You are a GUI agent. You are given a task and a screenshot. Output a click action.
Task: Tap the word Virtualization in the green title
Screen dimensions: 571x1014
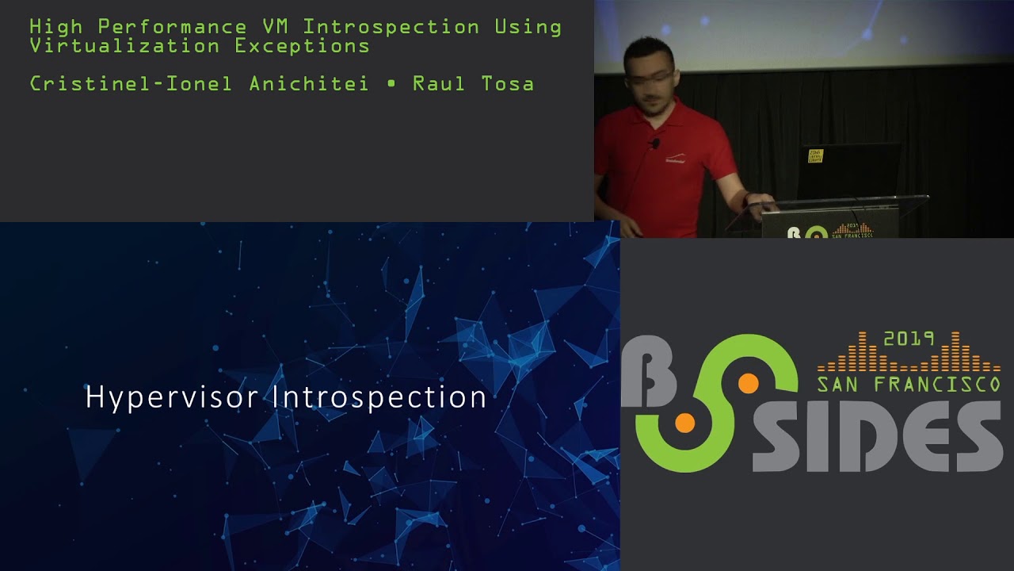(124, 45)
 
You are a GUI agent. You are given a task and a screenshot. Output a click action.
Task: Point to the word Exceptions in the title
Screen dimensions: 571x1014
(302, 45)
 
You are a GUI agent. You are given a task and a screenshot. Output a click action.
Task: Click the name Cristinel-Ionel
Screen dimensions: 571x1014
(131, 83)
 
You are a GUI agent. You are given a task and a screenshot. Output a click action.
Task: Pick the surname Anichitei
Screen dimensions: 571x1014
(308, 83)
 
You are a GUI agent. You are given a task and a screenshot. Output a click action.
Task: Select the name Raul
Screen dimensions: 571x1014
(434, 83)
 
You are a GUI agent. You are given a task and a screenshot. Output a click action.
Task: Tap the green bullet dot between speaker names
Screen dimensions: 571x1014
(391, 84)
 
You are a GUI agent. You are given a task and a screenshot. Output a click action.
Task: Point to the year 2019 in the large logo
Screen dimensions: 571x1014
(909, 339)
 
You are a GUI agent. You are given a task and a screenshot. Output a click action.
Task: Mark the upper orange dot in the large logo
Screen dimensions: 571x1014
(748, 384)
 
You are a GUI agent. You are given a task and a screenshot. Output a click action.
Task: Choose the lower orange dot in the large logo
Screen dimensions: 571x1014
(684, 423)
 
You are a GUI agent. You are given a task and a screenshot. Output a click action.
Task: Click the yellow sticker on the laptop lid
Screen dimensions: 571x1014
(815, 155)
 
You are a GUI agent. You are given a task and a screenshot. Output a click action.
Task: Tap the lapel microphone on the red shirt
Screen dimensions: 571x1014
(654, 144)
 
